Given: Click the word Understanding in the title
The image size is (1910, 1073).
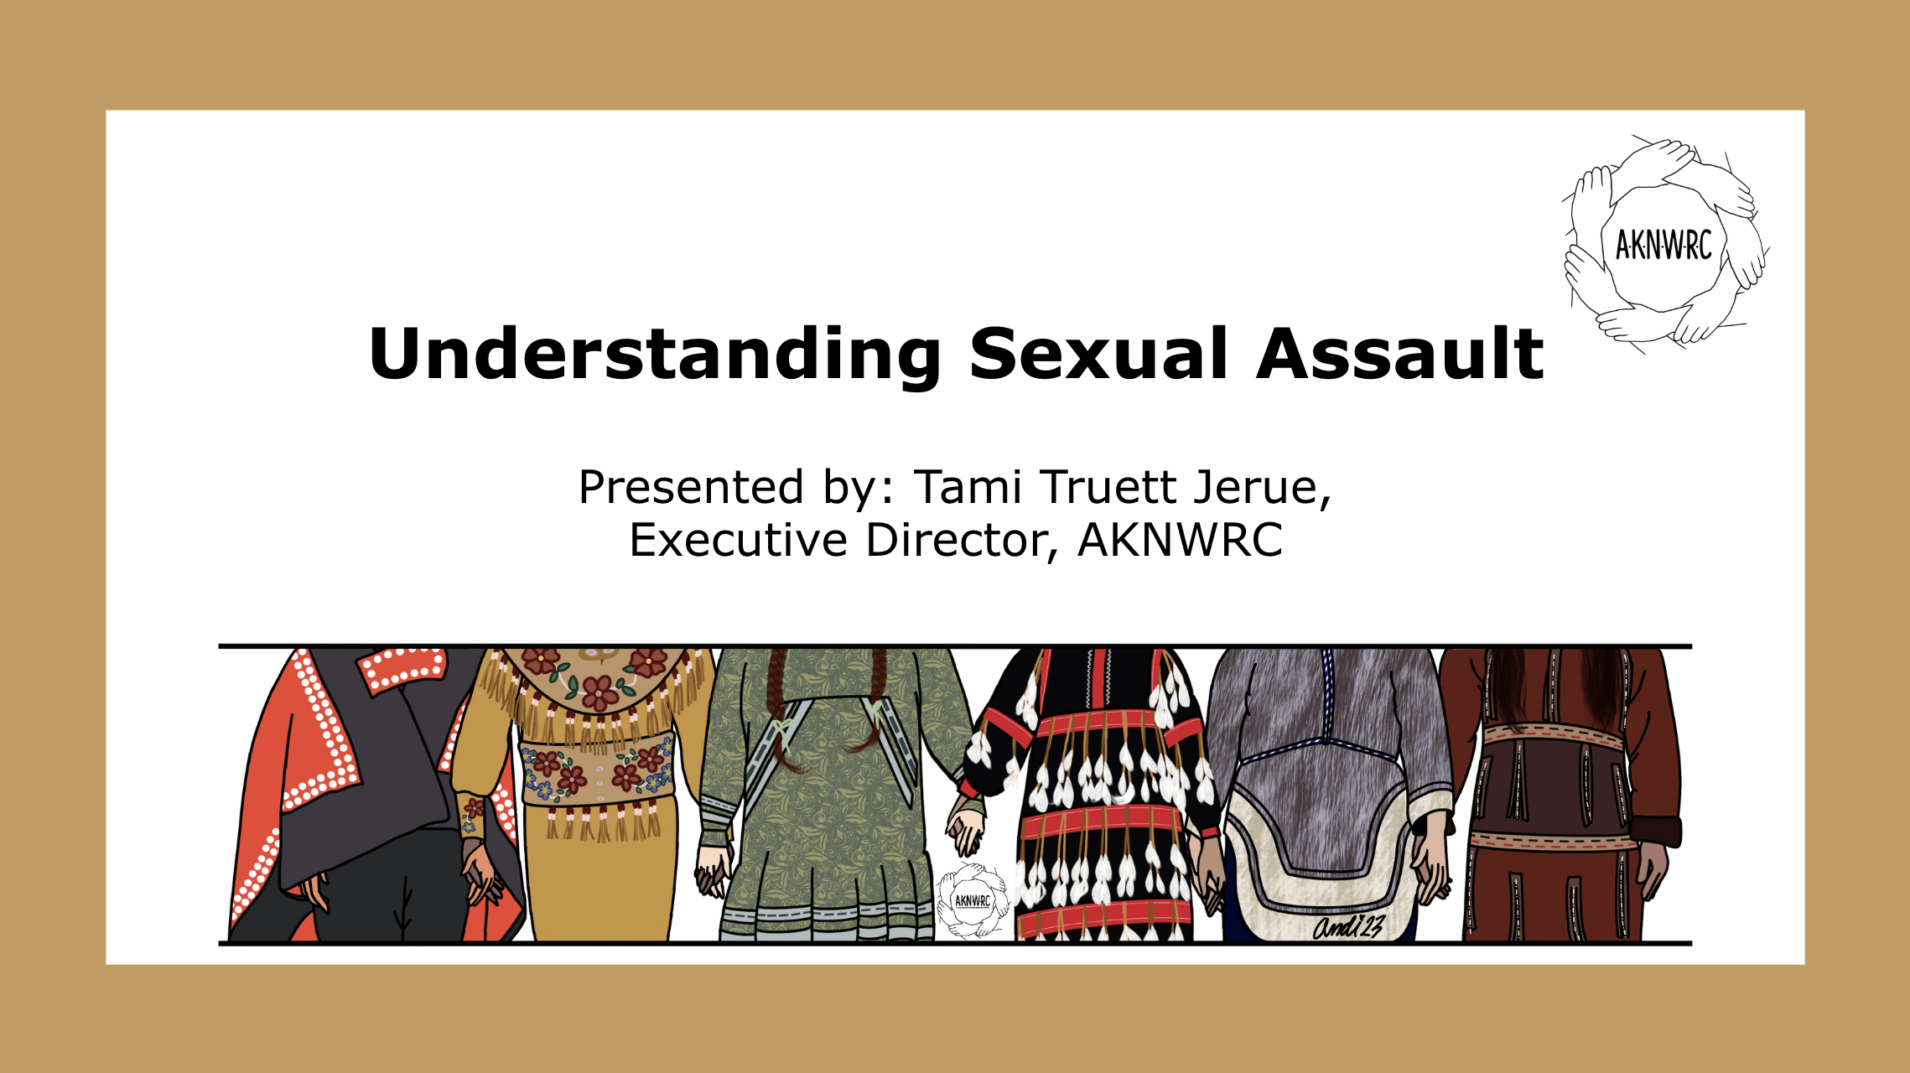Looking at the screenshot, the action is (x=655, y=355).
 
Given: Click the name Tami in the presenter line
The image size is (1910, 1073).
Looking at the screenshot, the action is (x=968, y=487).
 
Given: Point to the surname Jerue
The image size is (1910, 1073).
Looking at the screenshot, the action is (x=1263, y=489).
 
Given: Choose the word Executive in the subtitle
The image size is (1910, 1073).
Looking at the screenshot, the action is (x=739, y=540).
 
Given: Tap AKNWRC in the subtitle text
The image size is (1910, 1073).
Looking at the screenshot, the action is (x=1180, y=540).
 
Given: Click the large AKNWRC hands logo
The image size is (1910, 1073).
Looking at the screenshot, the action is (x=1665, y=244).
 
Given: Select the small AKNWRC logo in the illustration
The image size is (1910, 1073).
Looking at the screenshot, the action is (x=973, y=901).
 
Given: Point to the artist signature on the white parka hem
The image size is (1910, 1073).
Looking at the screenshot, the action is (x=1348, y=926).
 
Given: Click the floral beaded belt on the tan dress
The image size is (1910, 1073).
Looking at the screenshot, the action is (x=596, y=768).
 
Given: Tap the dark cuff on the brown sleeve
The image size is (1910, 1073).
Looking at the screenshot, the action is (x=1657, y=832).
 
